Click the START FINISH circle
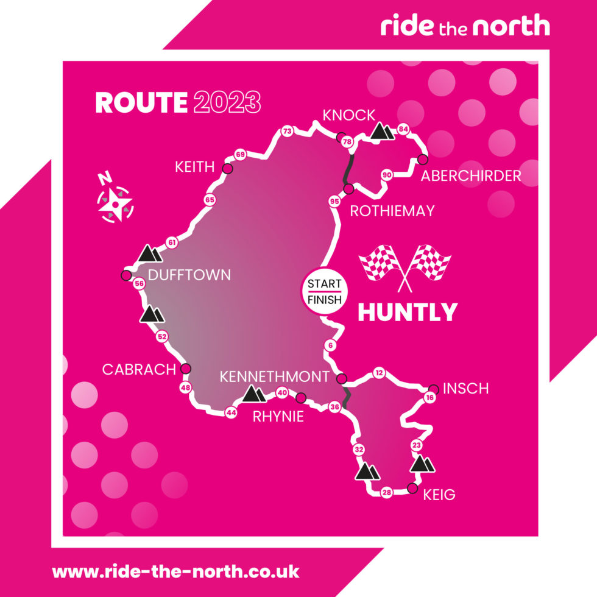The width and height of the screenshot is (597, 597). pyautogui.click(x=324, y=291)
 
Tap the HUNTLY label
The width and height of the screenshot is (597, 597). pyautogui.click(x=407, y=312)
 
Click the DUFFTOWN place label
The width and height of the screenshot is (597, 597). pyautogui.click(x=189, y=275)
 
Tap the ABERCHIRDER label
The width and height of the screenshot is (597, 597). pyautogui.click(x=471, y=176)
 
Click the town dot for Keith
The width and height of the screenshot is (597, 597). pyautogui.click(x=227, y=169)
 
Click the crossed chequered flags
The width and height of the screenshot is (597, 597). pyautogui.click(x=405, y=265)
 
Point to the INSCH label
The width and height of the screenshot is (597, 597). pyautogui.click(x=465, y=389)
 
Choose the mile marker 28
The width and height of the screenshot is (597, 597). pyautogui.click(x=386, y=493)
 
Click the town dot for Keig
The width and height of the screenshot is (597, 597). pyautogui.click(x=412, y=488)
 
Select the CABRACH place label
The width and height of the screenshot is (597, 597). pyautogui.click(x=138, y=370)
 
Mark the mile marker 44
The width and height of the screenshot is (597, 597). pyautogui.click(x=231, y=412)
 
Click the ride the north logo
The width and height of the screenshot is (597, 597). pyautogui.click(x=465, y=26)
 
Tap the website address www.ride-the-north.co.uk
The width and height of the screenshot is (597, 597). pyautogui.click(x=175, y=572)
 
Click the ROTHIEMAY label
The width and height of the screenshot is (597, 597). pyautogui.click(x=392, y=211)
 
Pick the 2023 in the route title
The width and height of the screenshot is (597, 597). pyautogui.click(x=227, y=102)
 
